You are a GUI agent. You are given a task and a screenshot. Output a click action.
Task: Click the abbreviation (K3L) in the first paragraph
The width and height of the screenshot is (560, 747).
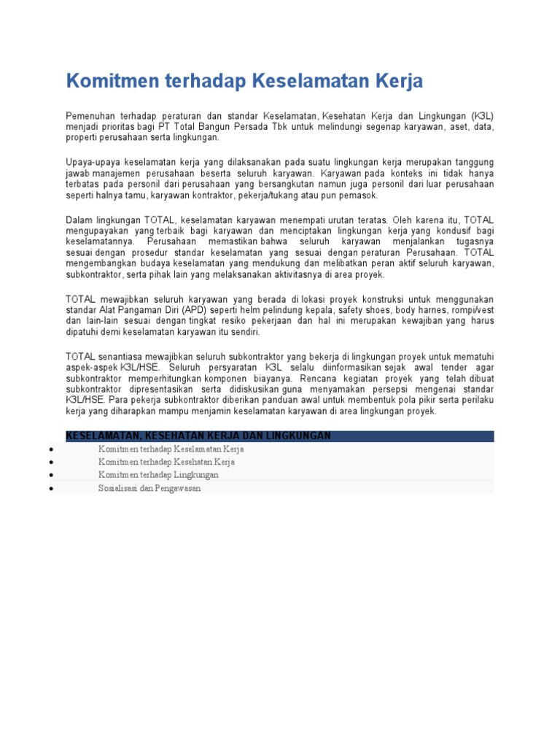tap(482, 116)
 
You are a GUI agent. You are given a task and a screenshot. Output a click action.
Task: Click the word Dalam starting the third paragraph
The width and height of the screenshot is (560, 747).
tap(79, 220)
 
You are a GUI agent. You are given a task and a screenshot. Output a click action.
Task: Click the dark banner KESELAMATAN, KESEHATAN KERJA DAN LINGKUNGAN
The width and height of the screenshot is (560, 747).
tap(280, 436)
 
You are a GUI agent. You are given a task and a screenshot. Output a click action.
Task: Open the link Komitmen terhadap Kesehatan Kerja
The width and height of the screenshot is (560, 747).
tap(167, 462)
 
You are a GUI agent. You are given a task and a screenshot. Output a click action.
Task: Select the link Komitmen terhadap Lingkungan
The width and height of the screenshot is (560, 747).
tap(159, 475)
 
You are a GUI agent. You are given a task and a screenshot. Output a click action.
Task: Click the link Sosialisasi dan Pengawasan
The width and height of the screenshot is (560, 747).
tap(149, 488)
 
